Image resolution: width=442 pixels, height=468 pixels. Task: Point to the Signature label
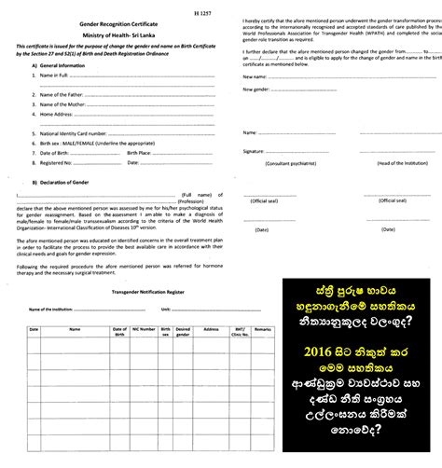click(x=255, y=150)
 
